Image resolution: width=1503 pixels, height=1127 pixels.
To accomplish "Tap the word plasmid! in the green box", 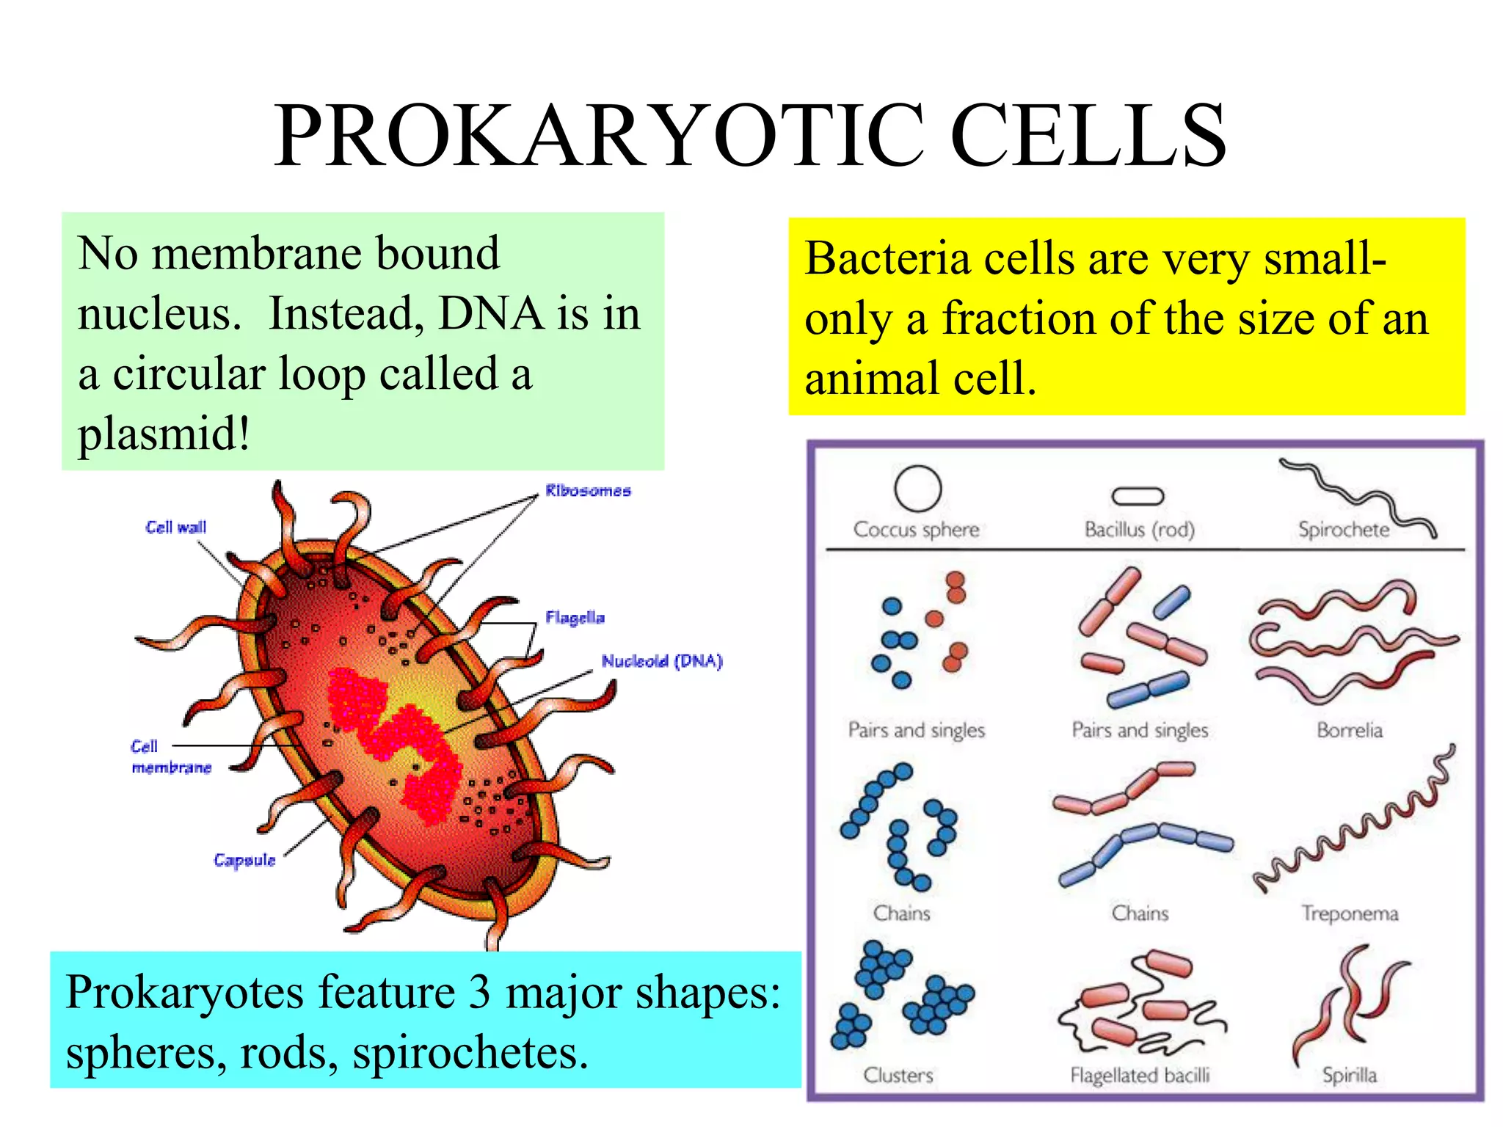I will tap(164, 434).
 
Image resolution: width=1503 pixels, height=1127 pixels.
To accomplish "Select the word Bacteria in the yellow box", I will tap(887, 259).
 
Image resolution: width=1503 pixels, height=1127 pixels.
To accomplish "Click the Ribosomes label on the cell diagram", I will tap(588, 491).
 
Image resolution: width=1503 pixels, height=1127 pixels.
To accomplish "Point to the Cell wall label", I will tap(176, 527).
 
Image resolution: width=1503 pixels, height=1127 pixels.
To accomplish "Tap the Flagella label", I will tap(575, 618).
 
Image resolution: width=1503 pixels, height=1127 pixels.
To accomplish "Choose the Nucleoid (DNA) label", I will tap(662, 661).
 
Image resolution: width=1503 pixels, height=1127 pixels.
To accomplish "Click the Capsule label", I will tap(244, 860).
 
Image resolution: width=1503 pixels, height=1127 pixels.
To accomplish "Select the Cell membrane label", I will tap(170, 757).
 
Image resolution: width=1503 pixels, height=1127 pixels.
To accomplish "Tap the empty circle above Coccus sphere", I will tap(917, 488).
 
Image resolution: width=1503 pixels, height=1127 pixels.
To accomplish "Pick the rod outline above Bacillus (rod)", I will tap(1138, 497).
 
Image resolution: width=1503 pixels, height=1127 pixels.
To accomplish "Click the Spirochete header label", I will tap(1343, 529).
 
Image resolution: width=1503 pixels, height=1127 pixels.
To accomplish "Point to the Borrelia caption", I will tap(1349, 730).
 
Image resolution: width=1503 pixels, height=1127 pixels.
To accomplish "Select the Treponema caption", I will tap(1350, 913).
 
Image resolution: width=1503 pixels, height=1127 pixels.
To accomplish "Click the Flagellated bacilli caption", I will tap(1139, 1076).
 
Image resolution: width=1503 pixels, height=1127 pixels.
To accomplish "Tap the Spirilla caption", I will tap(1349, 1076).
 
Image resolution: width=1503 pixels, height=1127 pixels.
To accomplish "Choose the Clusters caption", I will tap(898, 1076).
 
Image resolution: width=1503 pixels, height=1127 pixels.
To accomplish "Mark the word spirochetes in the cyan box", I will tap(470, 1053).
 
